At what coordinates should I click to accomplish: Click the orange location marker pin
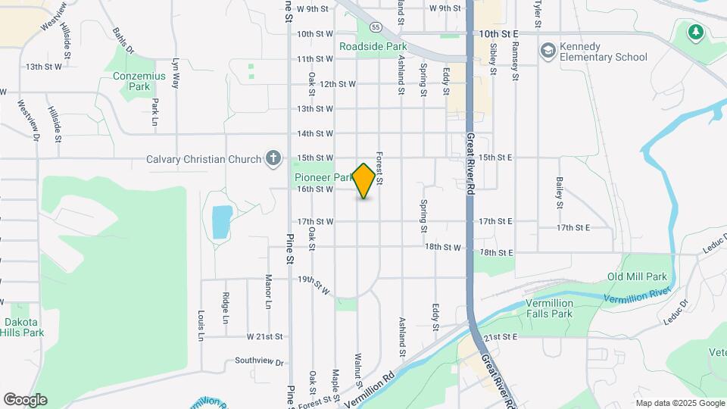[364, 181]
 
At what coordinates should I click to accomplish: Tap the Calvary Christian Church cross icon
[274, 159]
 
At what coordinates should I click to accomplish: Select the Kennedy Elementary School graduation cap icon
[548, 50]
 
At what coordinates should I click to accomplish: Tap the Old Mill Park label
[637, 277]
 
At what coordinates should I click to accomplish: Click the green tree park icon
[695, 33]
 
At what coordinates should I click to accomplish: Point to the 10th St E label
[498, 34]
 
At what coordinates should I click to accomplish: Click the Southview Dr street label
[258, 361]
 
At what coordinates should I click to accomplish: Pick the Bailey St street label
[559, 193]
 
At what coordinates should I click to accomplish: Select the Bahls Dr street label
[123, 42]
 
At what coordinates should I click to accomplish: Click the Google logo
[25, 400]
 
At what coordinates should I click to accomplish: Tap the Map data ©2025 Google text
[680, 403]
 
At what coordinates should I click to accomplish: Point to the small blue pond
[221, 221]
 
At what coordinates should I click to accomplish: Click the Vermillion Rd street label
[369, 389]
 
